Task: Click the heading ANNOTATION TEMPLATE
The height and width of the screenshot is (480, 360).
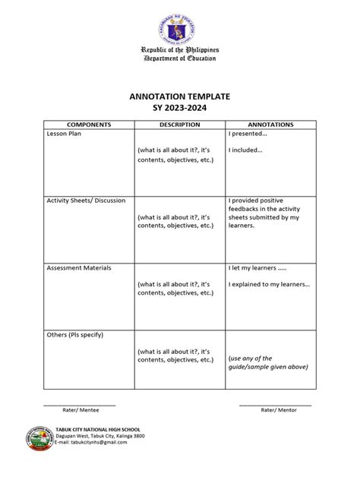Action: click(x=180, y=99)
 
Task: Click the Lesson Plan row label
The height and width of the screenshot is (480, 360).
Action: click(x=66, y=134)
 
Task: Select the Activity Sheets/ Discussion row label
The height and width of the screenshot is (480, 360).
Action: click(x=86, y=201)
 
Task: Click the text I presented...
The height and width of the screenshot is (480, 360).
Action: click(x=248, y=134)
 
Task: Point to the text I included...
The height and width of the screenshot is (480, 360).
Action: click(x=245, y=150)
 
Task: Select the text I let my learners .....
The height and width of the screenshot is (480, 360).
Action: click(x=257, y=268)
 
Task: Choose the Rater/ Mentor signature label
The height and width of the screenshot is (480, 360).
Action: click(x=279, y=409)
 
